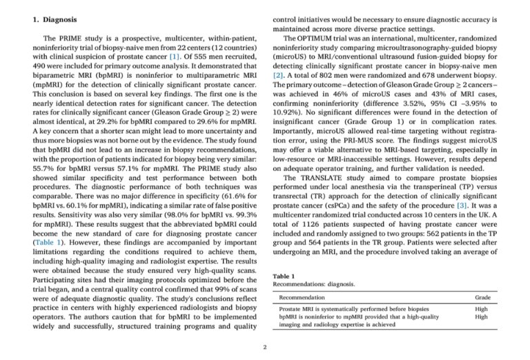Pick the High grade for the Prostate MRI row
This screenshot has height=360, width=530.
point(483,309)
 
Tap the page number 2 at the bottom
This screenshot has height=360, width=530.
point(265,347)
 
